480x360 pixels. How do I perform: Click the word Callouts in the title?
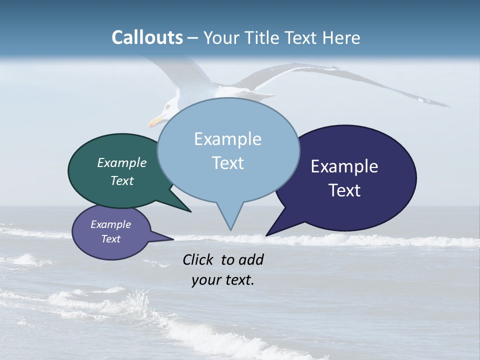coord(147,37)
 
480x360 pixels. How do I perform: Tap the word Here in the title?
coord(341,37)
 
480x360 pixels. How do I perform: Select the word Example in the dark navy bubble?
coord(344,166)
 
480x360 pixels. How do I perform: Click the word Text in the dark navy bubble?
coord(344,190)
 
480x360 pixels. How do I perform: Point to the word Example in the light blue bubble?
coord(227,139)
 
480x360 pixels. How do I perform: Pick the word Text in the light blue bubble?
coord(227,163)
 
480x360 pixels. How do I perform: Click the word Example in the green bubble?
coord(122,163)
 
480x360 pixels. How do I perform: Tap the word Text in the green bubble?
coord(122,180)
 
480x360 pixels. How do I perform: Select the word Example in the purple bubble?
coord(110,224)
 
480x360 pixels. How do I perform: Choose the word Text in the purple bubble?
coord(110,239)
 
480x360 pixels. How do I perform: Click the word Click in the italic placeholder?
coord(198,260)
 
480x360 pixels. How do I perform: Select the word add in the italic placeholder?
coord(251,260)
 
